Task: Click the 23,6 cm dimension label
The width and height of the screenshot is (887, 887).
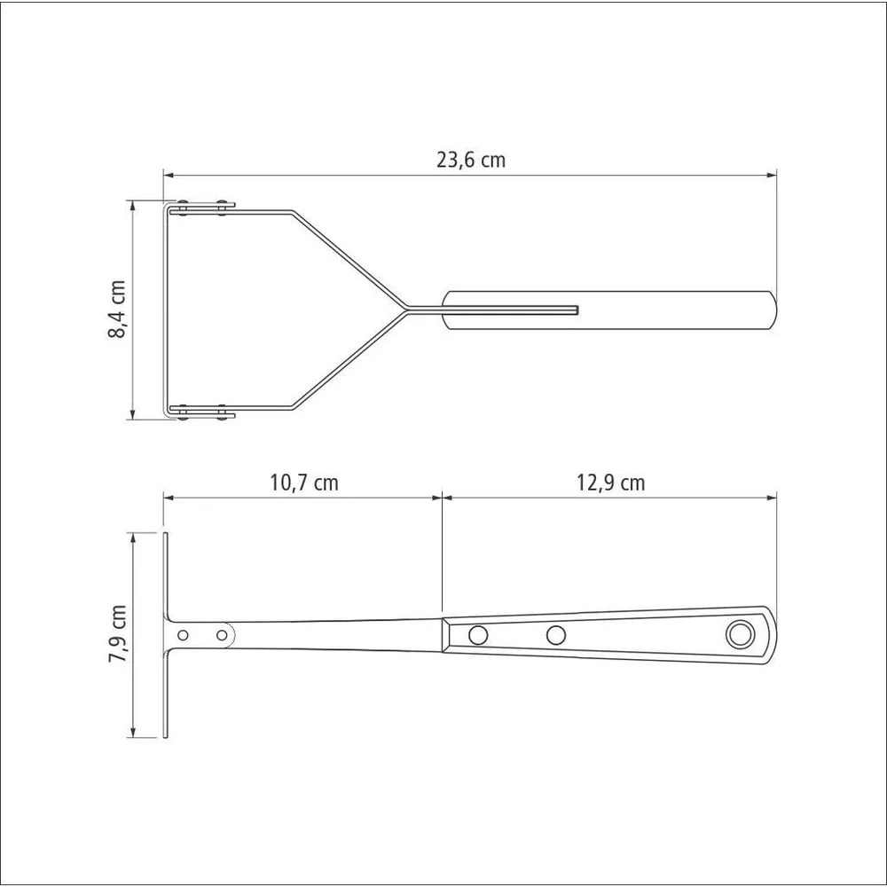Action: click(471, 160)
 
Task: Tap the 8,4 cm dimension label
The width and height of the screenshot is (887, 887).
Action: click(116, 309)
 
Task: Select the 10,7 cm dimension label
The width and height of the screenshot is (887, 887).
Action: click(303, 483)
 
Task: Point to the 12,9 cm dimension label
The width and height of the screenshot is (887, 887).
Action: click(610, 483)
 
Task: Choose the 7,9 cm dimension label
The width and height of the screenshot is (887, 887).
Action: click(118, 633)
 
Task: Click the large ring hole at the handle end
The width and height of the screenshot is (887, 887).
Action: click(738, 635)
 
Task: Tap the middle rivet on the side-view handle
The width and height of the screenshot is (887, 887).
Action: click(556, 635)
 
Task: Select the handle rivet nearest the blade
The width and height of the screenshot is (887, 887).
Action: click(478, 635)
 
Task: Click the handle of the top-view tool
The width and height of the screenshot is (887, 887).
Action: click(609, 310)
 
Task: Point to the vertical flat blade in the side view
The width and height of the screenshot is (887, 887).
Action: click(166, 635)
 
